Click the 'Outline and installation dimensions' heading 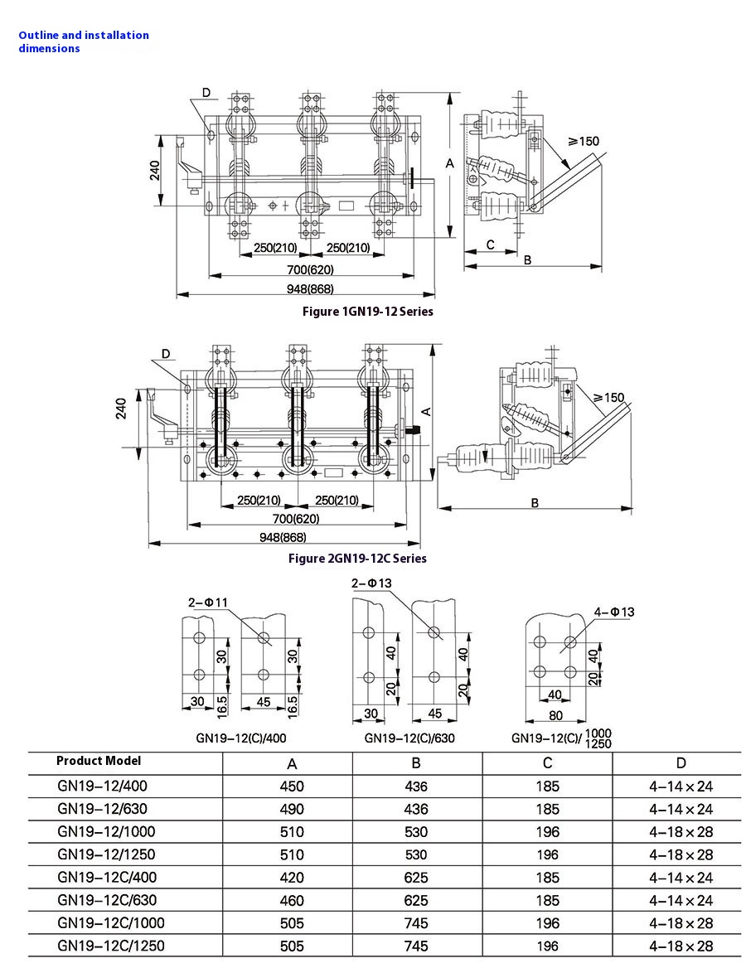click(x=83, y=41)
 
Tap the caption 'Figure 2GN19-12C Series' click(x=357, y=558)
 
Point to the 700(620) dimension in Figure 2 click(x=296, y=519)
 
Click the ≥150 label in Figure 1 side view click(x=583, y=142)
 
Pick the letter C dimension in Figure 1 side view click(x=490, y=244)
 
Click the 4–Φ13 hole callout click(x=614, y=612)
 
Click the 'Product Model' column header click(x=99, y=761)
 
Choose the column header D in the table click(x=681, y=763)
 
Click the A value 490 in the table click(x=293, y=809)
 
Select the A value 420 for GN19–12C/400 click(x=293, y=878)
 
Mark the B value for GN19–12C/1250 click(x=416, y=946)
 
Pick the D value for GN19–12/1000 click(x=681, y=832)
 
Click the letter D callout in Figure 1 click(x=206, y=93)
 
